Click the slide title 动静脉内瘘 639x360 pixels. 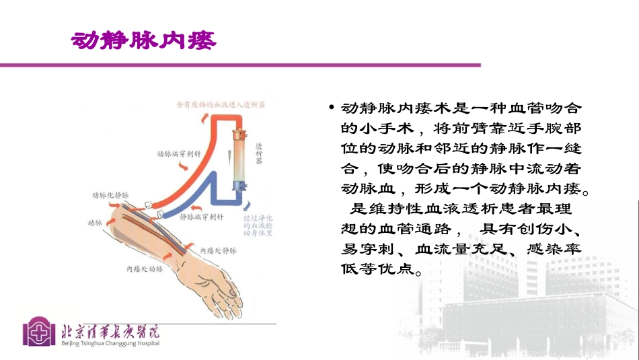(144, 41)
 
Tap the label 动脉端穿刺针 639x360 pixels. (177, 153)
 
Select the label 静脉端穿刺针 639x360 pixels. (202, 217)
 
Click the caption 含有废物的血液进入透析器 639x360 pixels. (220, 105)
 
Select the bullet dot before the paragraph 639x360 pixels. (331, 108)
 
